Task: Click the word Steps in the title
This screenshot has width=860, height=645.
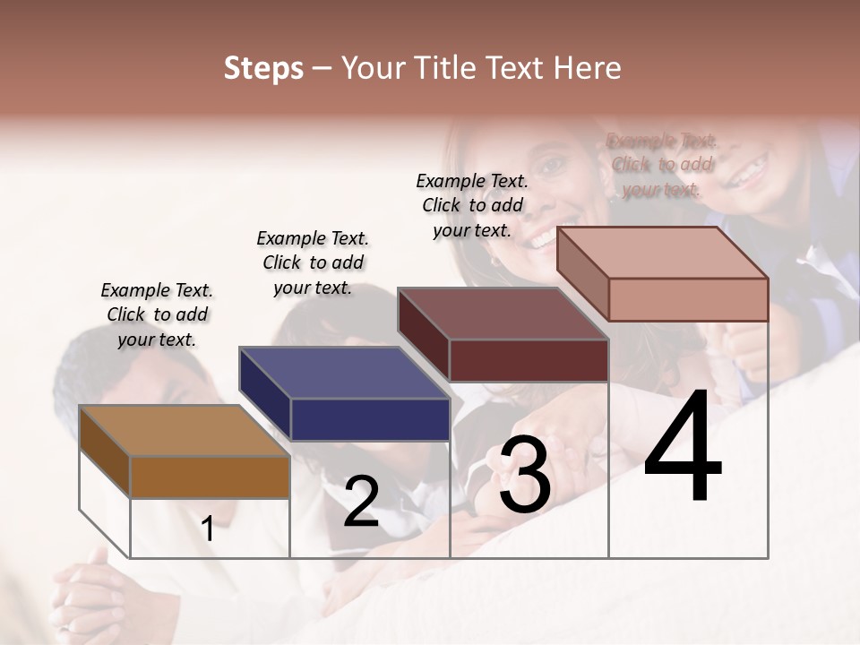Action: click(263, 68)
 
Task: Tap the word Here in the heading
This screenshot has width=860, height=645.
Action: click(588, 68)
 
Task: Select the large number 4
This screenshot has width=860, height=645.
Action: click(683, 448)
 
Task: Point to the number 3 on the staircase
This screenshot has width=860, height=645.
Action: click(524, 474)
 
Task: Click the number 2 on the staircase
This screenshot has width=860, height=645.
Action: click(361, 501)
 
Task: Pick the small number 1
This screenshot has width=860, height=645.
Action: click(208, 529)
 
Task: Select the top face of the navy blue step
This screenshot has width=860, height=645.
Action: click(344, 373)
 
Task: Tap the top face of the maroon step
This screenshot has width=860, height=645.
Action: click(503, 314)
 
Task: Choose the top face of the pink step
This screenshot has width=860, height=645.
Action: click(663, 253)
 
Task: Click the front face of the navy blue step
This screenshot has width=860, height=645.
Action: click(370, 419)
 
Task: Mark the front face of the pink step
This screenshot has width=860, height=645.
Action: click(688, 299)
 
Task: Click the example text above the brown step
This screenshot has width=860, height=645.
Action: click(157, 314)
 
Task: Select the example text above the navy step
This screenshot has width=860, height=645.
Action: click(313, 262)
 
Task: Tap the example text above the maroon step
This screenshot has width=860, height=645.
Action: click(472, 205)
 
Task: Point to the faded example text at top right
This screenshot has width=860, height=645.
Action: click(661, 165)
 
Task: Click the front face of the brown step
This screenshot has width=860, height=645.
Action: click(210, 477)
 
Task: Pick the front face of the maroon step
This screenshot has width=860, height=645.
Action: click(529, 360)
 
